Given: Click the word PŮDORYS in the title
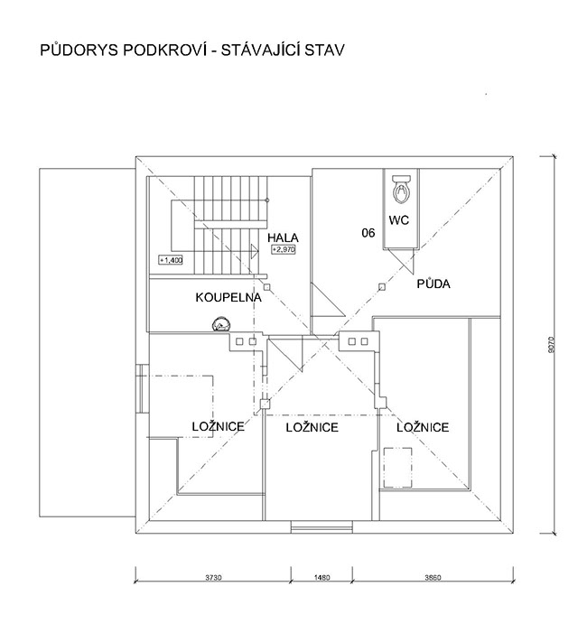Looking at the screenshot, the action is [x=79, y=50].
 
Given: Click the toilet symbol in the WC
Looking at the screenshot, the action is [x=402, y=189].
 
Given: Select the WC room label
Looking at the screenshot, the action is [x=398, y=220].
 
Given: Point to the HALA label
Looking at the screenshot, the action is [x=283, y=237].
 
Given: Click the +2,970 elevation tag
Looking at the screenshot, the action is [x=284, y=249].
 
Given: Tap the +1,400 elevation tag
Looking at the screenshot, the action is [x=171, y=260].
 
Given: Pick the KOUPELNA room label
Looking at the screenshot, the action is [x=228, y=297].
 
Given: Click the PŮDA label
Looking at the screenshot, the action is [x=433, y=284].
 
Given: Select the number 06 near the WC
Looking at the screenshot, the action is [x=368, y=233].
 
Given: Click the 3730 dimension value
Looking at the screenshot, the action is [x=213, y=578].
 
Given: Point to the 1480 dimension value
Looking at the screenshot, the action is [x=322, y=578].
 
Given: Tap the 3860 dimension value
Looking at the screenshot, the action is [x=433, y=578].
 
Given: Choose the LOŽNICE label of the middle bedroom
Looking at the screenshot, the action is [x=312, y=427].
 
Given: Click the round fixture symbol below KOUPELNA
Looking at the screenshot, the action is [x=221, y=324].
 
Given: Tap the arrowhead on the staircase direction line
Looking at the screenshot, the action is [x=255, y=251].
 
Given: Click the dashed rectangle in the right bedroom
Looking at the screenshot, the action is [x=397, y=468].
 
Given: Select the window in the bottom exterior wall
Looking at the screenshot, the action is [x=322, y=526].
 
